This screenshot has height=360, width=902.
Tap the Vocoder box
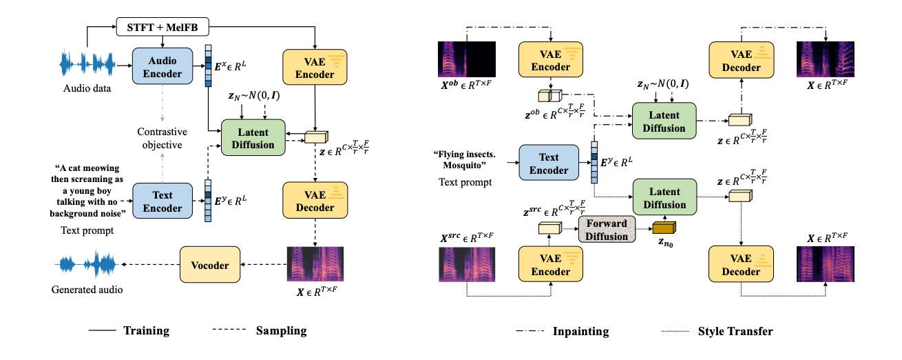211,263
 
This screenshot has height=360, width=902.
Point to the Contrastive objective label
159,138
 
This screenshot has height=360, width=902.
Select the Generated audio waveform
87,264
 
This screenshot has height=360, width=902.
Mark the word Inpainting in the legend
580,331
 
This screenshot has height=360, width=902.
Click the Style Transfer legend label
735,331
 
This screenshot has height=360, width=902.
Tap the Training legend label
147,331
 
